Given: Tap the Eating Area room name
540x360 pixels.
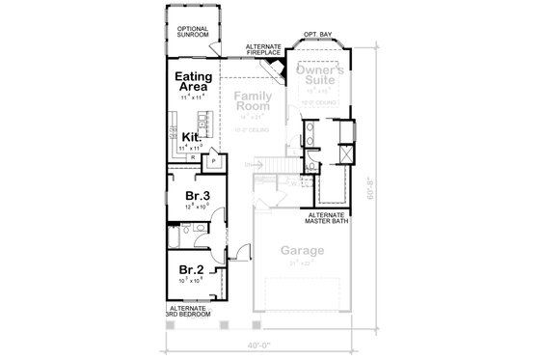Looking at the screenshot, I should [x=193, y=80].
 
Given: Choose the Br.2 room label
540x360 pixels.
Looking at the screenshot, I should [x=190, y=269].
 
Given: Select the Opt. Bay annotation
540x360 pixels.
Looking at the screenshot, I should [x=317, y=35].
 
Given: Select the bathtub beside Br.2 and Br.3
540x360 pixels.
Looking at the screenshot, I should [x=171, y=236].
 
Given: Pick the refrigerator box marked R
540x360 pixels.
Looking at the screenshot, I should [x=193, y=156].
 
